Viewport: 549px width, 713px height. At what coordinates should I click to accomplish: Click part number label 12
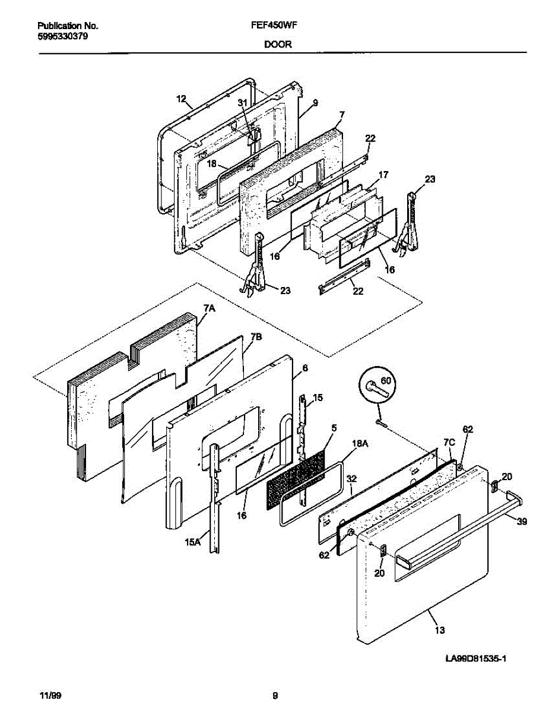181,98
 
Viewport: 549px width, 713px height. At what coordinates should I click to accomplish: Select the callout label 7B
255,337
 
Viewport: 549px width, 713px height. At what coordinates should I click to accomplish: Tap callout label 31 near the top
242,102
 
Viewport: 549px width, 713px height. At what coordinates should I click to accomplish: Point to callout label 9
315,102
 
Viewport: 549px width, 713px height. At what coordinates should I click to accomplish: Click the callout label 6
304,368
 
